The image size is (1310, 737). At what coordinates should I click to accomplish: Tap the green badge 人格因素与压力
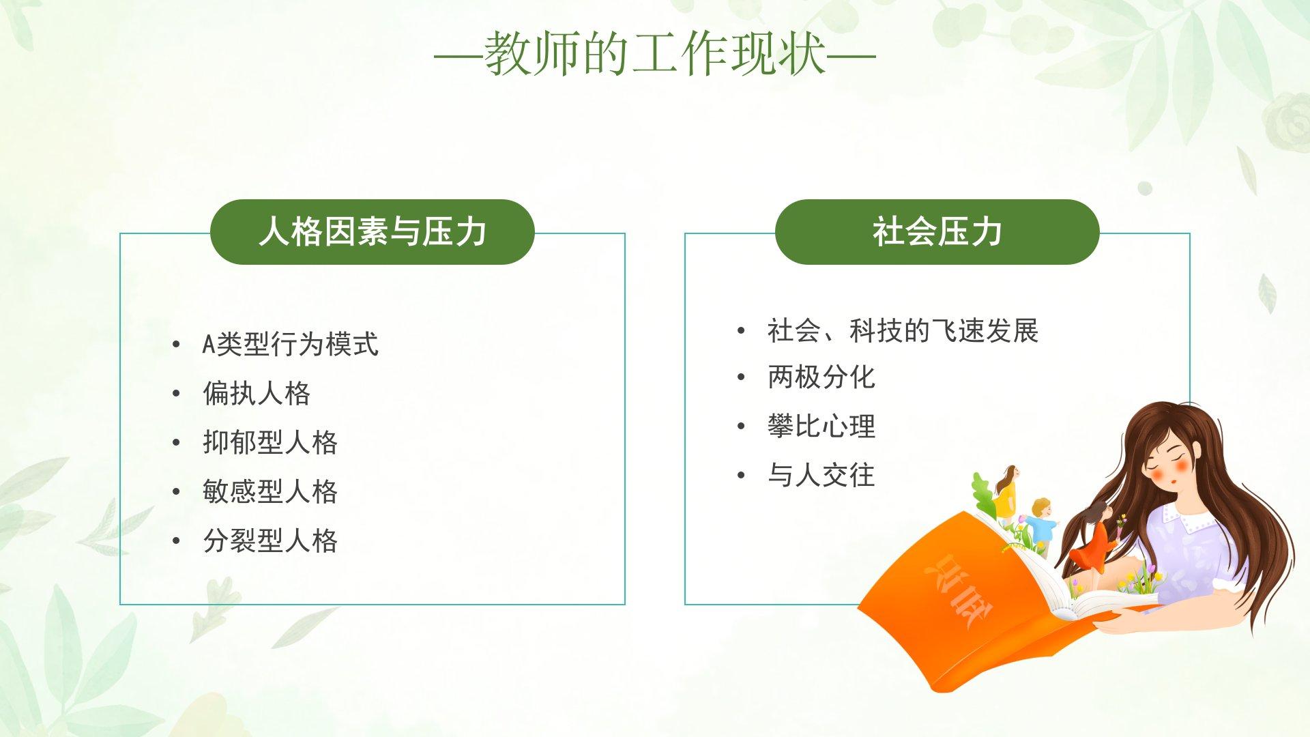pyautogui.click(x=372, y=232)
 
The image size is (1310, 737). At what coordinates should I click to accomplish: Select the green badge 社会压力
pyautogui.click(x=937, y=232)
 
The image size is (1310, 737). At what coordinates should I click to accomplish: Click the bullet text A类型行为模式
pyautogui.click(x=290, y=345)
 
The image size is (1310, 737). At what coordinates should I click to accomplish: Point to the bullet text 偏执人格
pyautogui.click(x=257, y=394)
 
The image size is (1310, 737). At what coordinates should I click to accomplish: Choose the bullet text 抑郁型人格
pyautogui.click(x=270, y=443)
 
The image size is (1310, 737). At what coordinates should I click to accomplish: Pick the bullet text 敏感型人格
pyautogui.click(x=270, y=492)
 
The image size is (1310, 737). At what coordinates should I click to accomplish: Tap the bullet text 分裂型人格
pyautogui.click(x=270, y=541)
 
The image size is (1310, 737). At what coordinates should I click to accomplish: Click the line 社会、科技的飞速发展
pyautogui.click(x=903, y=331)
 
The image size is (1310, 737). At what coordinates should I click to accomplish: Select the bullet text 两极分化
pyautogui.click(x=821, y=377)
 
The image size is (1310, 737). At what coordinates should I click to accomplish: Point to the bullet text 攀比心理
pyautogui.click(x=821, y=427)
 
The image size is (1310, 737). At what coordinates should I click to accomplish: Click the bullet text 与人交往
pyautogui.click(x=821, y=476)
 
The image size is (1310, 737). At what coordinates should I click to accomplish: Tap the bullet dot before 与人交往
pyautogui.click(x=742, y=476)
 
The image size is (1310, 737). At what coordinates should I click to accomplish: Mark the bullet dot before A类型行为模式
pyautogui.click(x=177, y=345)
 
